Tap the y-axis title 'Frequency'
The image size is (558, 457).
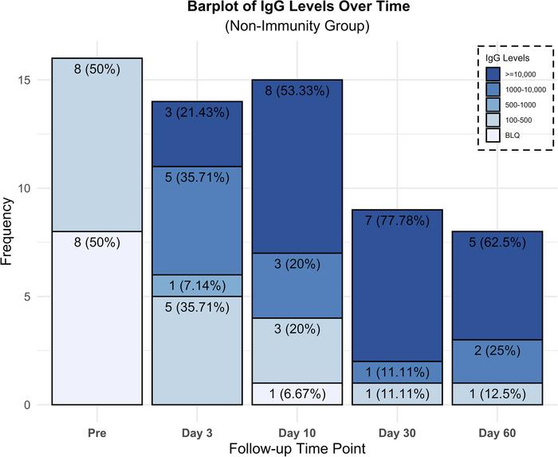point(10,231)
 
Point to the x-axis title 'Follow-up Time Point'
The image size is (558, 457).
point(297,449)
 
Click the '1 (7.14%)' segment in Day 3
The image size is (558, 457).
point(197,286)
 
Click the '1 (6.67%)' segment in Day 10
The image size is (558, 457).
point(297,394)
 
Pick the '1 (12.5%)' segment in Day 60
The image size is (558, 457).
point(496,394)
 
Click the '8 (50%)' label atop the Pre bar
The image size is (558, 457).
point(97,69)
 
